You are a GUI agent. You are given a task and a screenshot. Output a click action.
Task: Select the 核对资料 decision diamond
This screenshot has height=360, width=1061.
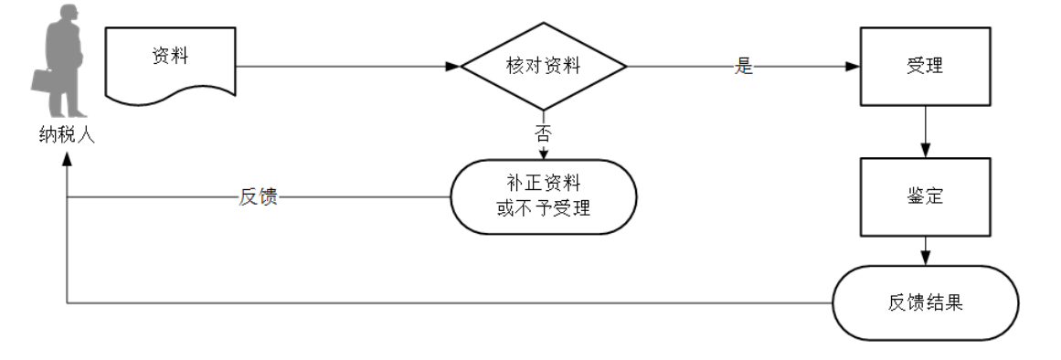[543, 67]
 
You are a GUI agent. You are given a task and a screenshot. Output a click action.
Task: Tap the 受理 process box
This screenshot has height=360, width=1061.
[925, 66]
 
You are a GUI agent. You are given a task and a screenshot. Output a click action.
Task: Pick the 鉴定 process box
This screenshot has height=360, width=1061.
[925, 197]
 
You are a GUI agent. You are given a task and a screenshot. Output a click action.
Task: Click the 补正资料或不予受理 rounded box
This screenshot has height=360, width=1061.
[543, 197]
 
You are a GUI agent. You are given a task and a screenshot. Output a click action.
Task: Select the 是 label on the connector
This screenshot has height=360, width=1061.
[743, 68]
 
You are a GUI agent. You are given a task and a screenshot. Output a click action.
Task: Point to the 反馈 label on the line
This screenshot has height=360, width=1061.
[258, 197]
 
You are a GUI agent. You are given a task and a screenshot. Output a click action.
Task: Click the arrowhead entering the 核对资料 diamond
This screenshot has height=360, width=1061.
[453, 67]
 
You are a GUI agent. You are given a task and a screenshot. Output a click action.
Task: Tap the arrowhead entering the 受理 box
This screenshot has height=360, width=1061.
[854, 67]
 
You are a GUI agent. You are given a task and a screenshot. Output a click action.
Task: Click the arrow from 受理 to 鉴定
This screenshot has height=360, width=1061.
[927, 132]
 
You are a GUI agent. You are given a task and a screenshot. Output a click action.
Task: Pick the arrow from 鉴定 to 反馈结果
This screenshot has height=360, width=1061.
[927, 251]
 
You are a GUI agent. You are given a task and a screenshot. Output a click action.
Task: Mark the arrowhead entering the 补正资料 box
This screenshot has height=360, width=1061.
[543, 153]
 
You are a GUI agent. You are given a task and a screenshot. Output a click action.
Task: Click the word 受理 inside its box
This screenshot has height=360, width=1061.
[925, 66]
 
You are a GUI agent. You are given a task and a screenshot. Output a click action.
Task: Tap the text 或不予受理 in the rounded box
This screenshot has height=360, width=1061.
[543, 208]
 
